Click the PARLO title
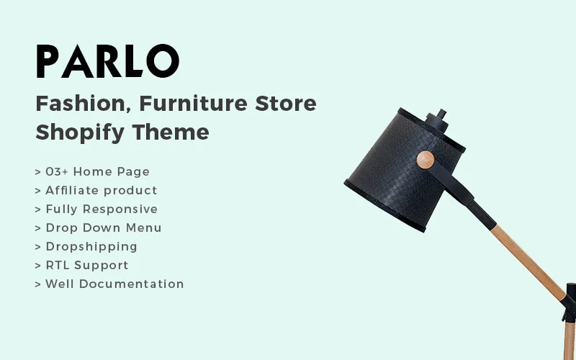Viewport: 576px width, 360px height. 107,61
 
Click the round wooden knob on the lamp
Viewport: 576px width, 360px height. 426,160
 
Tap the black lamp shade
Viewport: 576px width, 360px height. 392,173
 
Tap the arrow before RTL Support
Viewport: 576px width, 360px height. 37,266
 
